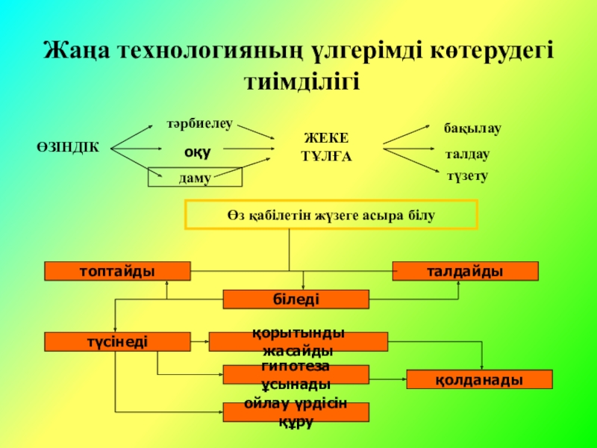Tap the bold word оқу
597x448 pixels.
click(x=199, y=151)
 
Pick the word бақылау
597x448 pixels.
click(x=472, y=128)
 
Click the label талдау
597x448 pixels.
click(x=467, y=155)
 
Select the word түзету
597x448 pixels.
click(x=467, y=176)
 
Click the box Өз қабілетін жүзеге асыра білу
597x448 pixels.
click(x=331, y=214)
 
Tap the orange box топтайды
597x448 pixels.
click(x=118, y=271)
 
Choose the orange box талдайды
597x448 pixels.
click(x=465, y=271)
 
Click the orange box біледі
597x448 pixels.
click(x=296, y=299)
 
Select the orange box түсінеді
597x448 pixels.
click(x=118, y=342)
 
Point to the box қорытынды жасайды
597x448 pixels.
click(x=298, y=342)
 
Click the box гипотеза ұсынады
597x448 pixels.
click(x=296, y=375)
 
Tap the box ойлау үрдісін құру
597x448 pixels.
click(x=296, y=412)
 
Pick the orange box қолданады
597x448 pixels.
click(x=479, y=379)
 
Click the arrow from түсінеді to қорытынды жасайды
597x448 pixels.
click(x=200, y=342)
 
